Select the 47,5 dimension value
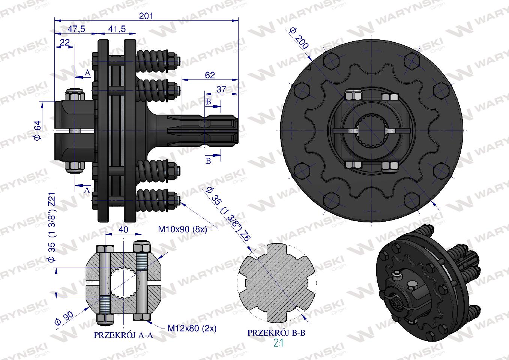coord(77,29)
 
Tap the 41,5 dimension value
coord(117,29)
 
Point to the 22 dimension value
coord(65,42)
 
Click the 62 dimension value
coord(210,75)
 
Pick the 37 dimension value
coord(221,89)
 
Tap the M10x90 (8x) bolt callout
coord(182,229)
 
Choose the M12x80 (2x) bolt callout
coord(192,328)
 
